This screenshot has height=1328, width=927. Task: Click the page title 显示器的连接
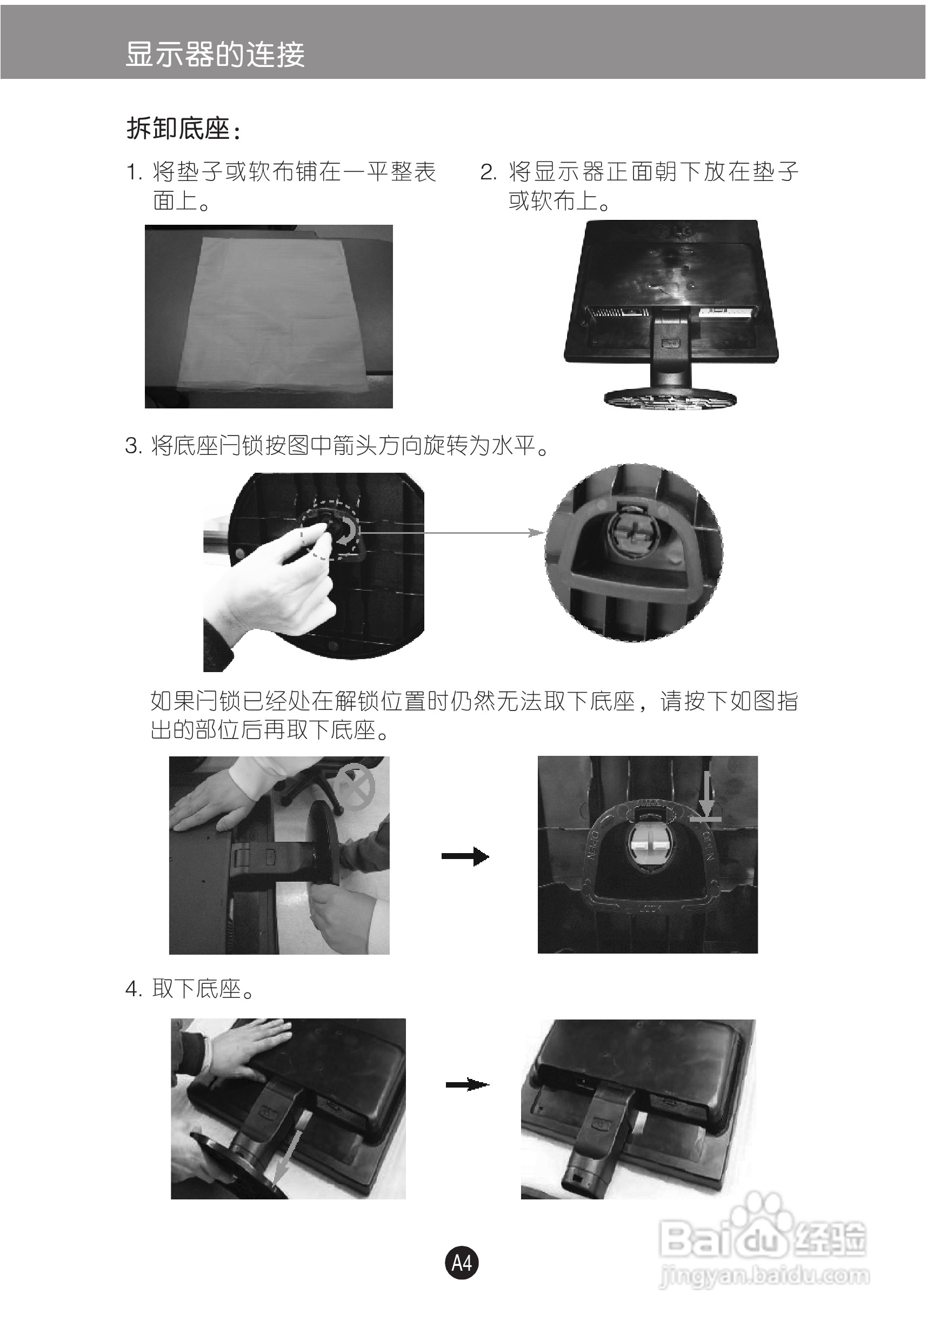pyautogui.click(x=215, y=55)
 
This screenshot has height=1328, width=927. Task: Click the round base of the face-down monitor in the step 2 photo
pyautogui.click(x=670, y=399)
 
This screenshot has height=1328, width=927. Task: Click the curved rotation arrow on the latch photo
pyautogui.click(x=348, y=532)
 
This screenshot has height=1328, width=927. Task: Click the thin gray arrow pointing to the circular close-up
pyautogui.click(x=451, y=532)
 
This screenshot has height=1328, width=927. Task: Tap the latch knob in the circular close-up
pyautogui.click(x=633, y=533)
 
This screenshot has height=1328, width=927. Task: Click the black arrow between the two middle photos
pyautogui.click(x=465, y=856)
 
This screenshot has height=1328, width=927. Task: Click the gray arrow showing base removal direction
pyautogui.click(x=287, y=1156)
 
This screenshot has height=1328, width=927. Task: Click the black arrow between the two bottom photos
pyautogui.click(x=467, y=1084)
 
